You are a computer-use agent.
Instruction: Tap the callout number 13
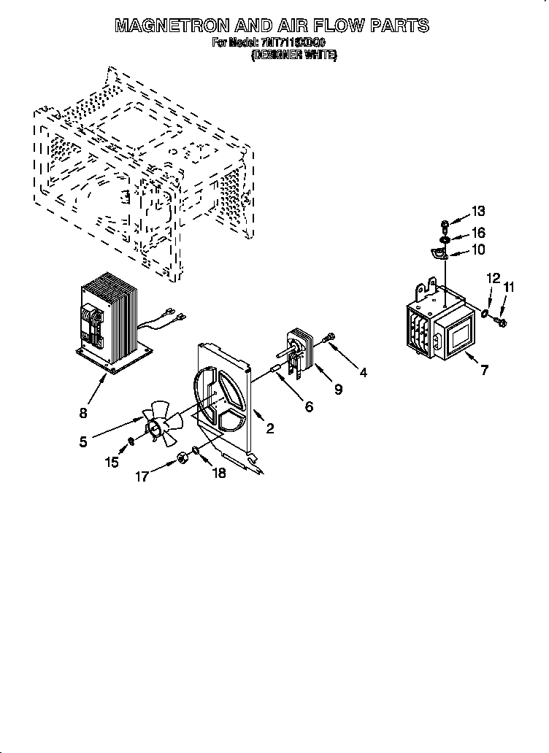477,212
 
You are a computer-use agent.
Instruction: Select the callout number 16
477,233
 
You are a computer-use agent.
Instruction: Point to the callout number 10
477,250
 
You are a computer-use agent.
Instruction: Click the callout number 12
494,278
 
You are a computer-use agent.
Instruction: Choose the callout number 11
509,287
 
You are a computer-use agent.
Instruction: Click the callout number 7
484,371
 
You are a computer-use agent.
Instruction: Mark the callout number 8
84,414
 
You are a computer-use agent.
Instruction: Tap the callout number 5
84,441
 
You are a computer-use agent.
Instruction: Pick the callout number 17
142,476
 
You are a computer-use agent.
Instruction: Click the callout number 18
218,473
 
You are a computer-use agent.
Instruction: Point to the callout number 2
270,428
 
